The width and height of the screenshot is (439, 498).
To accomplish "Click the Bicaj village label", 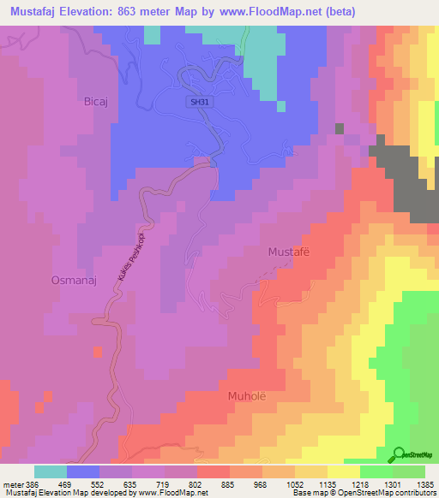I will (x=95, y=101).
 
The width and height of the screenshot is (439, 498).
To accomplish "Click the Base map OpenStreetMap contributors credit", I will (x=360, y=493).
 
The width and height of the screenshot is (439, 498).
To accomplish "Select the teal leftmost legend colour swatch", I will (x=51, y=471).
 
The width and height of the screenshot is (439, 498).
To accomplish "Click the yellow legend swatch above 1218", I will (x=344, y=471).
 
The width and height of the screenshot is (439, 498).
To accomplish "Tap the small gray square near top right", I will (x=340, y=128).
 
